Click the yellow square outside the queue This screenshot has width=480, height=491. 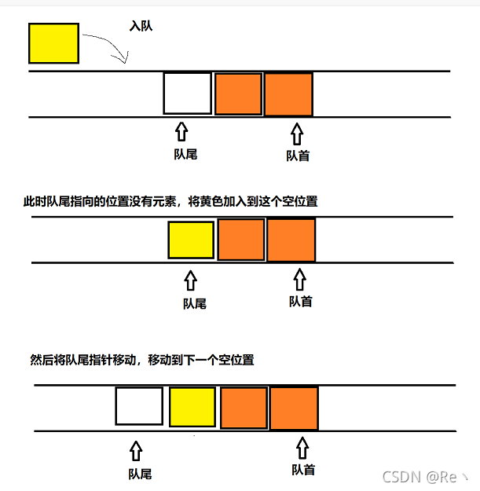tap(53, 43)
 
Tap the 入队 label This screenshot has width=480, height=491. tap(141, 27)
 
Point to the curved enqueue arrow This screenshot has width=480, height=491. tap(107, 47)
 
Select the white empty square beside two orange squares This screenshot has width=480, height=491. tap(188, 93)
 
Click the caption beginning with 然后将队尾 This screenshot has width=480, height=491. tap(142, 360)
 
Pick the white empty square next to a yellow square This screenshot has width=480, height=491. tap(139, 407)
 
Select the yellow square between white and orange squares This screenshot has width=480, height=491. tap(192, 407)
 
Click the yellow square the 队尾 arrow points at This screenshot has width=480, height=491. tap(191, 240)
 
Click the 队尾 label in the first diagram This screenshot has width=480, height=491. tap(185, 154)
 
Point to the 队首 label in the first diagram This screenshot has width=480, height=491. tap(297, 156)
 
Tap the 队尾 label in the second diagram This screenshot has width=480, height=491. tap(194, 303)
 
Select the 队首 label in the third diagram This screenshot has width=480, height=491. tap(303, 470)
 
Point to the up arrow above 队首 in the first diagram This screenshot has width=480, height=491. tap(296, 131)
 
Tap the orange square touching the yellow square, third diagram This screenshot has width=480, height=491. tap(243, 408)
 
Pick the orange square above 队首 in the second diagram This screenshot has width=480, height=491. tap(291, 240)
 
